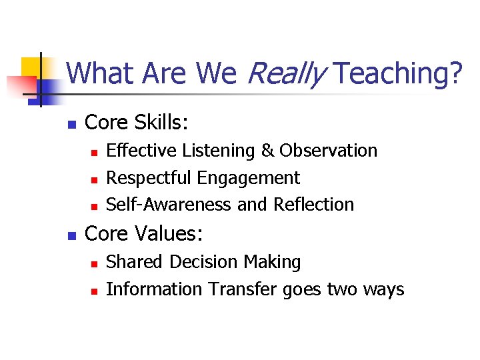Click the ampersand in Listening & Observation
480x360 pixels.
[x=267, y=151]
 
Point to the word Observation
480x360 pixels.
[x=328, y=151]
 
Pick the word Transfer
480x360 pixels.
[x=243, y=289]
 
